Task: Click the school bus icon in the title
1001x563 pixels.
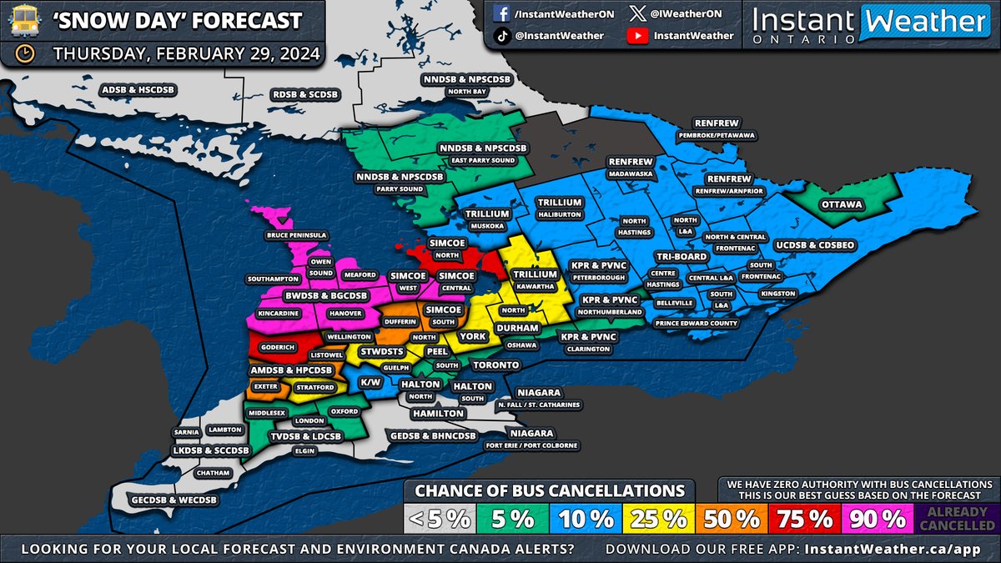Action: click(25, 21)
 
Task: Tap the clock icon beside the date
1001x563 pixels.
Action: click(25, 54)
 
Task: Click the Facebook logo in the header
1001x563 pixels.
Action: click(503, 14)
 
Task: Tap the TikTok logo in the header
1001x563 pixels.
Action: click(503, 36)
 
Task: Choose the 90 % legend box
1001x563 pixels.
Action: click(879, 519)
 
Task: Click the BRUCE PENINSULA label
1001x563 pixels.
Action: click(298, 235)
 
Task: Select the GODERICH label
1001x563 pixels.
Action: click(277, 346)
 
